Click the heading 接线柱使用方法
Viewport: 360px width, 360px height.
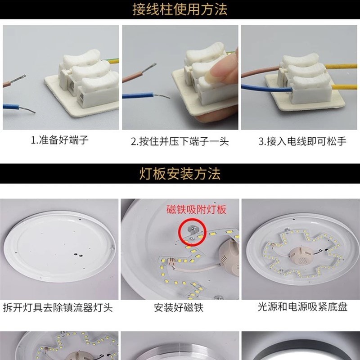[180, 9]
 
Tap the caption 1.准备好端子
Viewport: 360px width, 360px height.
[59, 140]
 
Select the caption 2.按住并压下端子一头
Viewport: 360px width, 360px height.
[180, 142]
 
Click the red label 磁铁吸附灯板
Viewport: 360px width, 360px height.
[196, 210]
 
